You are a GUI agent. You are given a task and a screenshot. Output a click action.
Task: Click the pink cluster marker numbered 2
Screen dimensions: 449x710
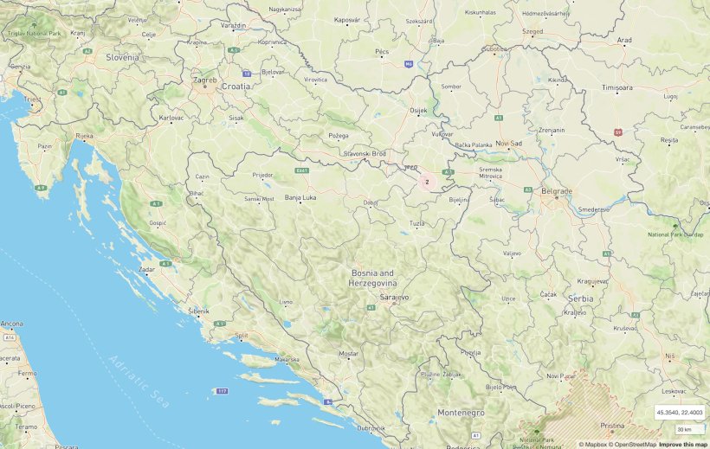click(427, 182)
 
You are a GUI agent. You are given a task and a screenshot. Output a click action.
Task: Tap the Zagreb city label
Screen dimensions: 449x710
click(205, 80)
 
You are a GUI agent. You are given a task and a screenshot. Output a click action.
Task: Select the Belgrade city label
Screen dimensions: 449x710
click(556, 190)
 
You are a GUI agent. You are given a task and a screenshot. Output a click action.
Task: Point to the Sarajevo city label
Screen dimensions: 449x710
click(394, 297)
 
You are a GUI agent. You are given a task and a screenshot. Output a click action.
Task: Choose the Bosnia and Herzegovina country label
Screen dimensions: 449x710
click(372, 278)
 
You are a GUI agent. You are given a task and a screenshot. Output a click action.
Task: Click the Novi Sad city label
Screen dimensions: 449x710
click(508, 143)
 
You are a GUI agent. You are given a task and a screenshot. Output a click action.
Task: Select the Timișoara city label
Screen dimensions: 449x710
click(623, 88)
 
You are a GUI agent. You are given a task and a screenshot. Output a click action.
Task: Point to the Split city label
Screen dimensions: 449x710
click(242, 335)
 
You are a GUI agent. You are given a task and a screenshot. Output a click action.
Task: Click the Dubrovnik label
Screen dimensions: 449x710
click(370, 428)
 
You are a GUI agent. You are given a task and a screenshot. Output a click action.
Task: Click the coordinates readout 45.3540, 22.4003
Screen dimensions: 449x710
click(680, 412)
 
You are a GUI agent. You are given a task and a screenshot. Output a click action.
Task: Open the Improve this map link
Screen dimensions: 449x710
click(682, 444)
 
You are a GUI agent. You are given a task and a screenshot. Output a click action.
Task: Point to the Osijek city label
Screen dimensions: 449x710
click(418, 111)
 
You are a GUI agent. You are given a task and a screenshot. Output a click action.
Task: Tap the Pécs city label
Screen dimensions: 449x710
click(382, 52)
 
